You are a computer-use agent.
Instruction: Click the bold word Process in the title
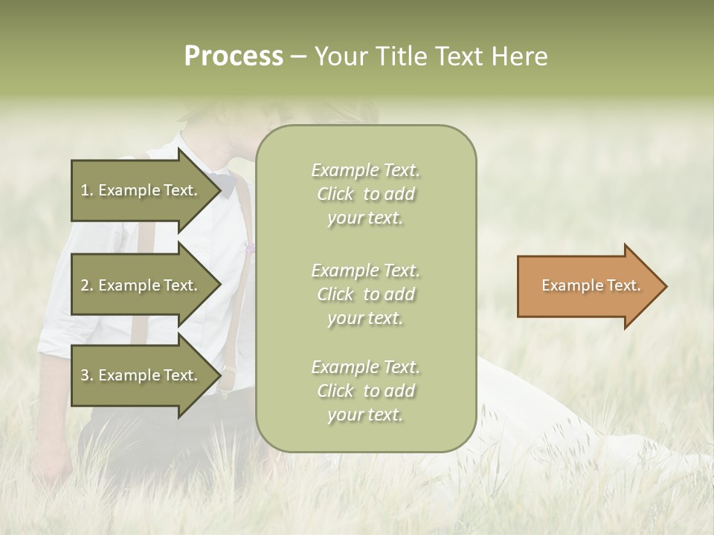[234, 56]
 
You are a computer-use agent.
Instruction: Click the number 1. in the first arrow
[87, 190]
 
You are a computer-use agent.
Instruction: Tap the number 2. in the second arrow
[87, 285]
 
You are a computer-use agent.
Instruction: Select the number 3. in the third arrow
[87, 375]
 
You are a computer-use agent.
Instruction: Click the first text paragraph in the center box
[365, 194]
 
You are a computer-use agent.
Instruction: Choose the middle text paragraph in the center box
[365, 294]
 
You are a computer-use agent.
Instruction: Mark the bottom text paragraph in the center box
[365, 391]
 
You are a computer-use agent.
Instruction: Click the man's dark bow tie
[222, 180]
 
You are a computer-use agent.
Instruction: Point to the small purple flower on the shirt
[250, 247]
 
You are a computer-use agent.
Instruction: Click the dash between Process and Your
[298, 57]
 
